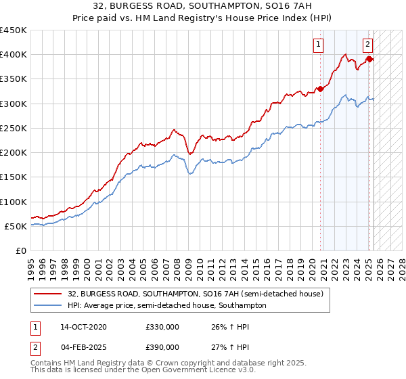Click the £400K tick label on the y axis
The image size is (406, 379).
(14, 55)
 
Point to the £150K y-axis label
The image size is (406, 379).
(14, 177)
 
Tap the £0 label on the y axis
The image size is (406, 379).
(21, 250)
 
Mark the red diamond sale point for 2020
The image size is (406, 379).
(320, 88)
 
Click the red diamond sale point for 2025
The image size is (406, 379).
(369, 59)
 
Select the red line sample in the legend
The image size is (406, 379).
(47, 294)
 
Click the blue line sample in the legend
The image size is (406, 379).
(47, 305)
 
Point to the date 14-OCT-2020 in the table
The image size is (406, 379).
(83, 327)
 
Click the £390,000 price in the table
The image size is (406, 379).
(162, 347)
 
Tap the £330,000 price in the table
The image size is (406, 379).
(162, 327)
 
